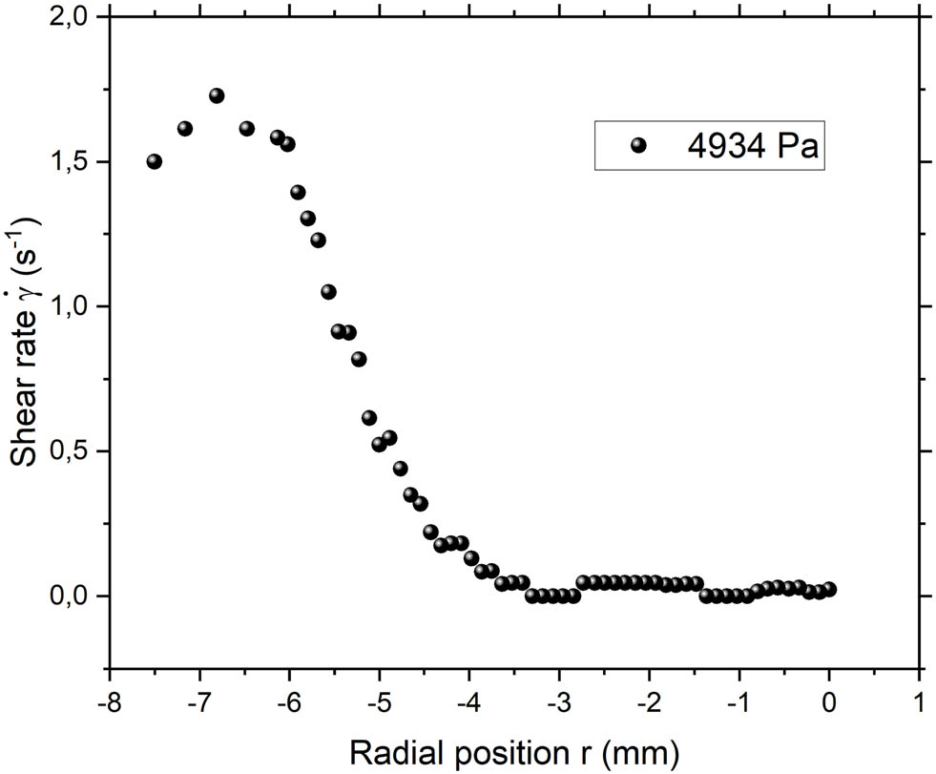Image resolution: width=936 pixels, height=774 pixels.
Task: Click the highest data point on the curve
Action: coord(217,95)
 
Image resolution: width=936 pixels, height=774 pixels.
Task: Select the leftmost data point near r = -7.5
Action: coord(155,161)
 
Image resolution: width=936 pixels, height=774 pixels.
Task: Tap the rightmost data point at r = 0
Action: coord(829,589)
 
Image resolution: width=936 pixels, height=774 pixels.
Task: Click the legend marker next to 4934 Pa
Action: coord(638,145)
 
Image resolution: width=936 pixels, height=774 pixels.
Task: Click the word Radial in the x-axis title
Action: coord(390,753)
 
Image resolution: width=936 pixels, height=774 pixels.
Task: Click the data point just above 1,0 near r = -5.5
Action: coord(328,292)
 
